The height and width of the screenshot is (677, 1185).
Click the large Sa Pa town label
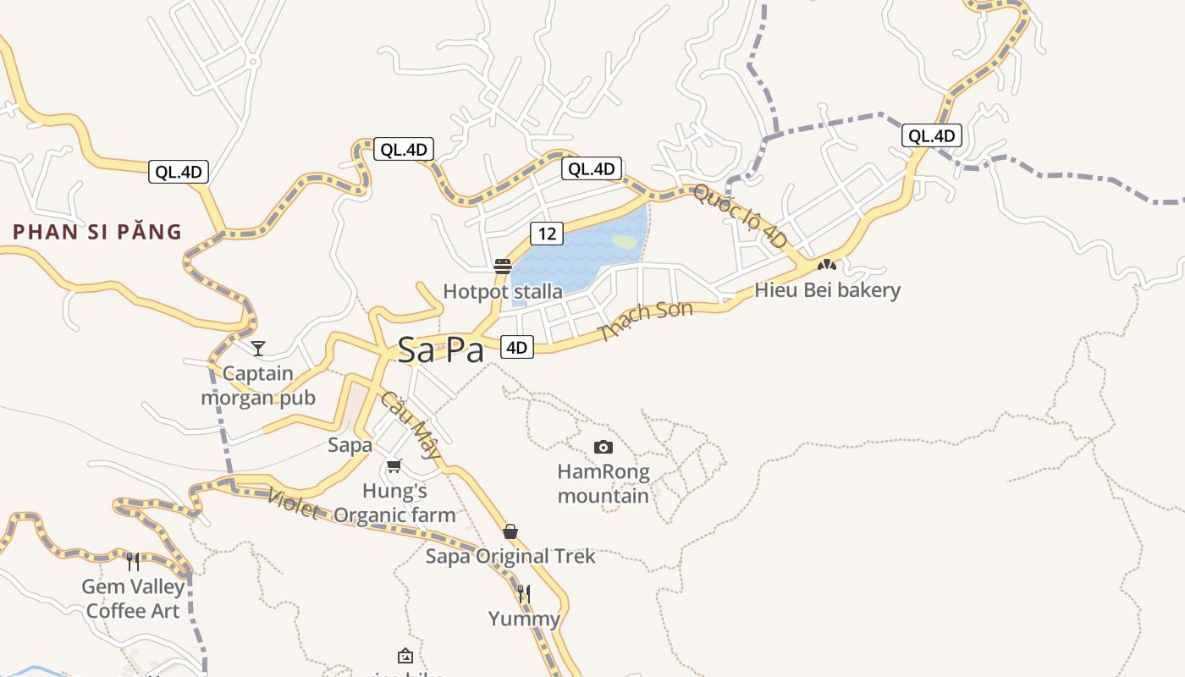tap(440, 350)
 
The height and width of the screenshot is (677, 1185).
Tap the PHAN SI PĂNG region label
tap(97, 232)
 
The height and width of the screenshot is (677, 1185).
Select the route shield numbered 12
tap(547, 233)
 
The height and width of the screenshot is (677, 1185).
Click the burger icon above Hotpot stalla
tap(503, 267)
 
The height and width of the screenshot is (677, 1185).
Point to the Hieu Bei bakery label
tap(827, 290)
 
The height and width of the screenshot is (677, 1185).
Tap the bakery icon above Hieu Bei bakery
tap(827, 265)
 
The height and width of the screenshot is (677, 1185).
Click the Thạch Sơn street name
tap(645, 321)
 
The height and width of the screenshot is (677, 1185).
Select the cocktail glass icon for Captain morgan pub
tap(258, 348)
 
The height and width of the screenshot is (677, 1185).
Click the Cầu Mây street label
tap(411, 424)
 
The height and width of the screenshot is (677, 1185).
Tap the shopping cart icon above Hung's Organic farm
tap(394, 465)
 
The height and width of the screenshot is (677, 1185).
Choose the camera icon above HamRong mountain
tap(604, 447)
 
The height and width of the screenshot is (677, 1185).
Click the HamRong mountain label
tap(604, 483)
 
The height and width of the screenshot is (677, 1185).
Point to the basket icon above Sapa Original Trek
tap(510, 531)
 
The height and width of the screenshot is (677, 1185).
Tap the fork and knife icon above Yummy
tap(524, 594)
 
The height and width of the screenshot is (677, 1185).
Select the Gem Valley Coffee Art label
tap(134, 598)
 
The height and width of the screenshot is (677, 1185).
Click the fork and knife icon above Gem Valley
tap(133, 561)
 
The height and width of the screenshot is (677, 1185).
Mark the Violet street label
tap(293, 504)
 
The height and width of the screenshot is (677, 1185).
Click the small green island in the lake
tap(625, 242)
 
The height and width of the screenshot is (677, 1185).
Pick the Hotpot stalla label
tap(503, 292)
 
